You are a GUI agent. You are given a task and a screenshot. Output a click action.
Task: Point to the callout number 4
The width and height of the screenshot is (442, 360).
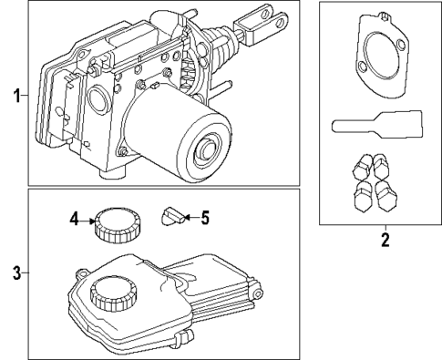click(77, 218)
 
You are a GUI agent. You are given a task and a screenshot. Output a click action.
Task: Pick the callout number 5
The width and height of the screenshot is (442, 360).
click(205, 217)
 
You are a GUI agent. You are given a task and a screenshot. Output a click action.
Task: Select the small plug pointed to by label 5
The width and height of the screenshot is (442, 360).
click(170, 217)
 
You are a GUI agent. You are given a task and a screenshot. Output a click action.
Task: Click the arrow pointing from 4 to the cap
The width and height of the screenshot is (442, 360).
click(91, 219)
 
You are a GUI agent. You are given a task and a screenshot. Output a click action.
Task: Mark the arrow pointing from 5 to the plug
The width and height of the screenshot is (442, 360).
click(189, 217)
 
